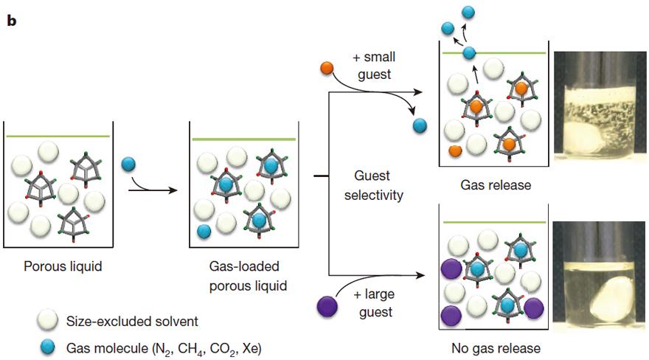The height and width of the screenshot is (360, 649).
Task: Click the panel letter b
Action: click(x=12, y=21)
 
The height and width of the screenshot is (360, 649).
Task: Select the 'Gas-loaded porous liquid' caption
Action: click(x=243, y=273)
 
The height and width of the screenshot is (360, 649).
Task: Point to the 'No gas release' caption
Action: click(x=494, y=347)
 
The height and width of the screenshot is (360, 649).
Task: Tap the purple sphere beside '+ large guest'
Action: click(x=324, y=304)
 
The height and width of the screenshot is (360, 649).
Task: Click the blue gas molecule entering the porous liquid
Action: click(x=127, y=163)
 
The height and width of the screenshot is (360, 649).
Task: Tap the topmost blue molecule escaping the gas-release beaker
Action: click(x=468, y=12)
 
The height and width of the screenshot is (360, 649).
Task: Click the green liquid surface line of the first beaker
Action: click(x=58, y=136)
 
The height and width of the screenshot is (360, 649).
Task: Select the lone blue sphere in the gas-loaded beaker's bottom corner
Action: click(x=204, y=231)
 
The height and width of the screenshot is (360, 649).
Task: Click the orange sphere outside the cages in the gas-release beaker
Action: click(x=455, y=150)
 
